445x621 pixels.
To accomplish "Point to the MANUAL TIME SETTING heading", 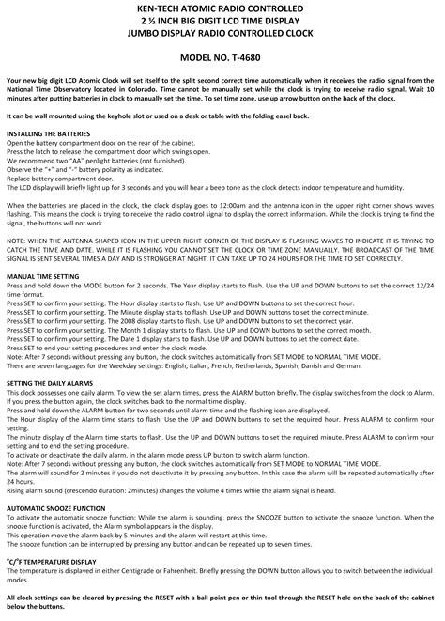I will [x=42, y=277].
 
